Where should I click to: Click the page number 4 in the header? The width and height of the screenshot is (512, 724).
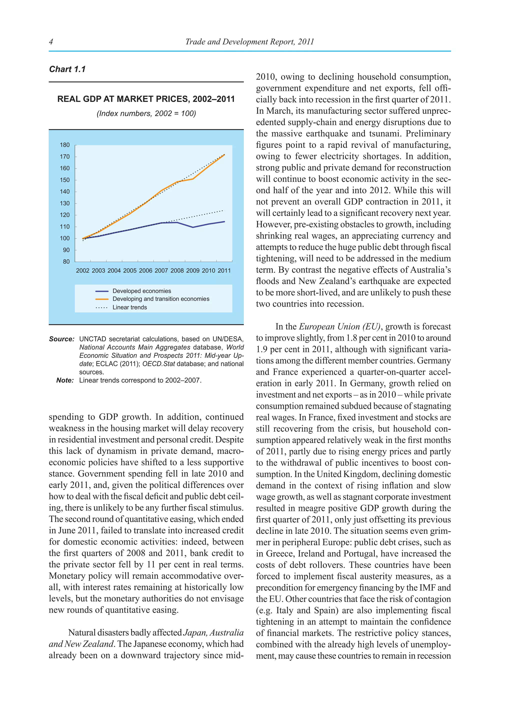coord(51,41)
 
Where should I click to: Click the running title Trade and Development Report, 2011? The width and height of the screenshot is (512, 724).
coord(249,41)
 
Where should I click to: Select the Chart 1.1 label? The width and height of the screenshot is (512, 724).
coord(67,69)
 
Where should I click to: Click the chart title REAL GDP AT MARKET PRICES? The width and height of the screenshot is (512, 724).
coord(146,99)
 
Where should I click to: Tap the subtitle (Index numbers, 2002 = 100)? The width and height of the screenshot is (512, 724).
coord(146,113)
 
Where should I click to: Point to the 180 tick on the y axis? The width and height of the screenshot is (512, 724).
coord(65,145)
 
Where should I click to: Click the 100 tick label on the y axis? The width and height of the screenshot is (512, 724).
coord(65,238)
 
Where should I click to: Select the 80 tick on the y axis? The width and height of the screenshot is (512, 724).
coord(66,262)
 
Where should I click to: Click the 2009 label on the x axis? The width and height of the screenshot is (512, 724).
coord(193,270)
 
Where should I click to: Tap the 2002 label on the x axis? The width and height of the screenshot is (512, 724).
coord(82,270)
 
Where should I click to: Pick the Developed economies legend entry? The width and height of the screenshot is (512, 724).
coord(141,291)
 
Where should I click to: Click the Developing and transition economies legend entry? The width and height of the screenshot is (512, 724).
coord(161,299)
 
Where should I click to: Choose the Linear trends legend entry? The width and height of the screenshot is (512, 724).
coord(129,307)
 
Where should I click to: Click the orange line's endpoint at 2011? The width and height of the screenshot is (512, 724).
coord(224,155)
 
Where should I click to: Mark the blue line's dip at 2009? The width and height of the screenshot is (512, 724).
coord(193,227)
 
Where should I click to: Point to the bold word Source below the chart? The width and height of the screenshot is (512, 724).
coord(61,339)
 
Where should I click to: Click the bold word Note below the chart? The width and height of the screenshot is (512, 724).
coord(65,380)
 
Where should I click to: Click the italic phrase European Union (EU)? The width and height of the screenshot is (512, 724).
coord(339,327)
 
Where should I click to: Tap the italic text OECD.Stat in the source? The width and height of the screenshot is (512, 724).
coord(158,364)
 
